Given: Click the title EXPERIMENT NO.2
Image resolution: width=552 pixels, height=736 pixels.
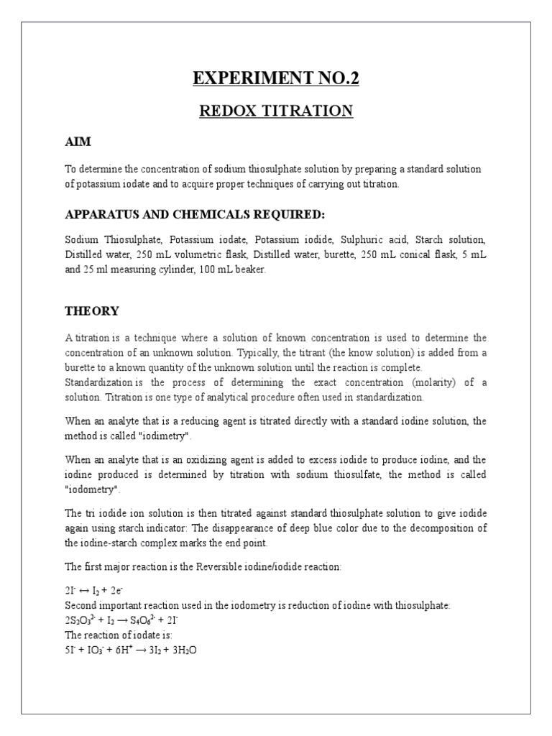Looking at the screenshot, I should click(275, 78).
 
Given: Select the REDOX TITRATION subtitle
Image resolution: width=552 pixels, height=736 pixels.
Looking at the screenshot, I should click(275, 111).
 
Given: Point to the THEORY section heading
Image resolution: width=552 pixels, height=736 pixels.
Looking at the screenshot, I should click(92, 311).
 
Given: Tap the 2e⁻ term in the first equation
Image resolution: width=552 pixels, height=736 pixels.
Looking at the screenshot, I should click(115, 591).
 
